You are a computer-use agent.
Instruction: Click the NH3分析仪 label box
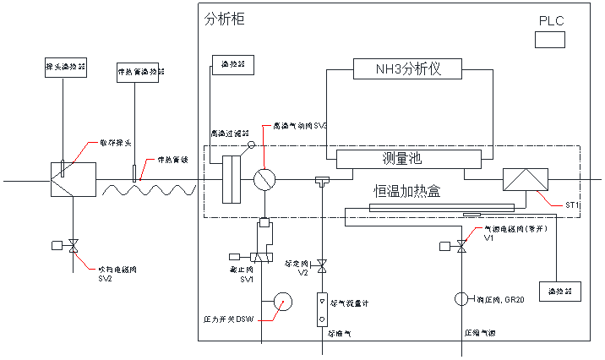point(409,68)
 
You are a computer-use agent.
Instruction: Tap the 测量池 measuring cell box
point(401,159)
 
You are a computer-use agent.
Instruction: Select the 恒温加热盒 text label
point(408,192)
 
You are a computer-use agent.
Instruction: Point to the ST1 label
point(572,205)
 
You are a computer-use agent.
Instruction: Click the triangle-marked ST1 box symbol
point(524,180)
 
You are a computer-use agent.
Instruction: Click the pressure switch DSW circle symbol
point(280,302)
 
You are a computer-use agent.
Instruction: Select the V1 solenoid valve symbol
point(461,246)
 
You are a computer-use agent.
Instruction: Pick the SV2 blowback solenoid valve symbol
point(73,246)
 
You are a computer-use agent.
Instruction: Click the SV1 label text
point(247,280)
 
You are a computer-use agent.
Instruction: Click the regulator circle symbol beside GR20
point(461,299)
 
